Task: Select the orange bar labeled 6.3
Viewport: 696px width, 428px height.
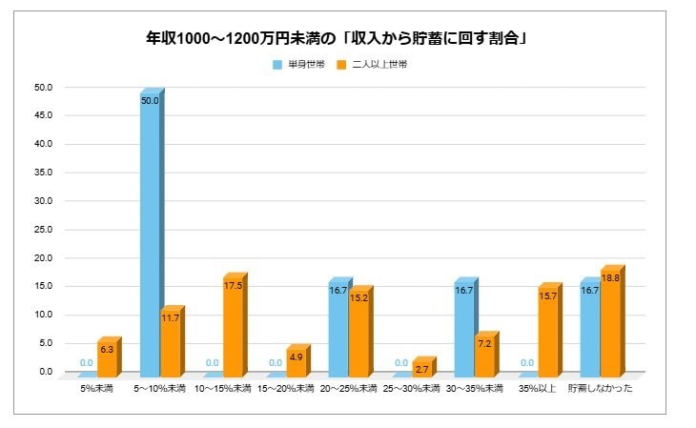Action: click(107, 357)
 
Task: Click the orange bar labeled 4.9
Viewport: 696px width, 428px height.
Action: click(296, 360)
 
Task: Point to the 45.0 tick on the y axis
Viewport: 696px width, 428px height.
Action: click(43, 116)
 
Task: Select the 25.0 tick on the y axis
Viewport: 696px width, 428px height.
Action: click(43, 230)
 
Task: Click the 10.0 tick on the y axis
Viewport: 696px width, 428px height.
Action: click(43, 316)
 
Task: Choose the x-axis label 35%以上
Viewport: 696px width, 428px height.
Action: click(536, 389)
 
